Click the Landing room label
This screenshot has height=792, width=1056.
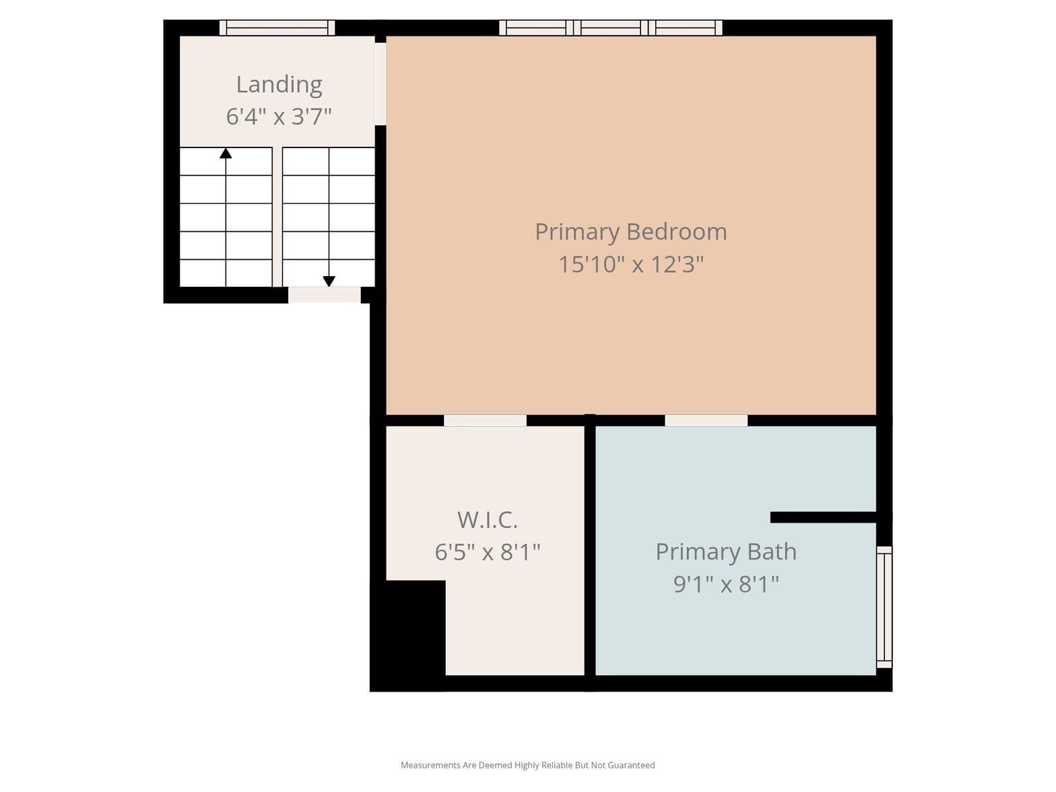279,85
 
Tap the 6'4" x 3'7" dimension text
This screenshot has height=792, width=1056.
279,117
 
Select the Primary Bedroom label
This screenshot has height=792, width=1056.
631,232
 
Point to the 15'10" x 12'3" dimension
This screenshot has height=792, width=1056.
631,265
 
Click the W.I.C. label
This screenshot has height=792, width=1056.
488,520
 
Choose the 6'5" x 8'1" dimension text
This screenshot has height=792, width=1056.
488,552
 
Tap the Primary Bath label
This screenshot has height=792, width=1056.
726,552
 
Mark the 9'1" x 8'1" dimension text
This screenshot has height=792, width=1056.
726,585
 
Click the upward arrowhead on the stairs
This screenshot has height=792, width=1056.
226,153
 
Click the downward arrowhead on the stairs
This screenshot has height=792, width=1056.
329,282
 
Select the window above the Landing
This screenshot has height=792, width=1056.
277,28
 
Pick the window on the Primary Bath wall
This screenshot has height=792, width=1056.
884,607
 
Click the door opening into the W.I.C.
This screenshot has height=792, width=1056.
485,420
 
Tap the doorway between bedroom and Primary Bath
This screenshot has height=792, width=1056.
706,420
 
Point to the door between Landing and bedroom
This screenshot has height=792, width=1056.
381,84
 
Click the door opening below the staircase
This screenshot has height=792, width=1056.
324,295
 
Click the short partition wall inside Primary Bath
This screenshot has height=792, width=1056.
823,517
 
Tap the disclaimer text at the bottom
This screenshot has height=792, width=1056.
528,765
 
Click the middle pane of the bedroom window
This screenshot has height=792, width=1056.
611,28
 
